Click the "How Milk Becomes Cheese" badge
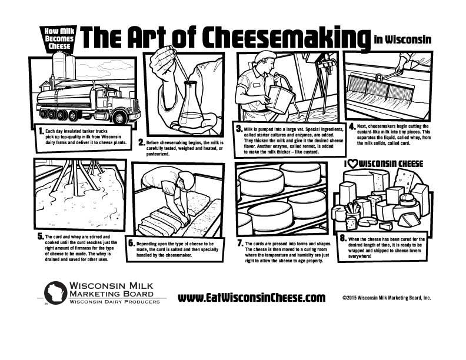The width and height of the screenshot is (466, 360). pyautogui.click(x=59, y=39)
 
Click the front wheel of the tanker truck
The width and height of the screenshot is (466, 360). pyautogui.click(x=119, y=117)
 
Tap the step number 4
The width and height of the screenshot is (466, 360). pyautogui.click(x=352, y=127)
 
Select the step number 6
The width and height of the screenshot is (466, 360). pyautogui.click(x=131, y=244)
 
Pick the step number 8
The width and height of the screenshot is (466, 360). pyautogui.click(x=343, y=238)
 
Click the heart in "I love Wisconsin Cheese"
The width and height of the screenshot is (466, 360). pyautogui.click(x=353, y=164)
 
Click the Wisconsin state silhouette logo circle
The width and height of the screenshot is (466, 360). pyautogui.click(x=55, y=292)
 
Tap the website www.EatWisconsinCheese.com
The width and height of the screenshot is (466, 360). pyautogui.click(x=251, y=298)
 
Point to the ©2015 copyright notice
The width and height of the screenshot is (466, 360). pyautogui.click(x=387, y=298)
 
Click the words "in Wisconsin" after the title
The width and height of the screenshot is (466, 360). pyautogui.click(x=402, y=39)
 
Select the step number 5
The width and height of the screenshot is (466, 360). pyautogui.click(x=41, y=236)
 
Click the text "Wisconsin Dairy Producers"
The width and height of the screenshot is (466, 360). pyautogui.click(x=114, y=302)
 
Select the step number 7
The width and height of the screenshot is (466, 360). pyautogui.click(x=241, y=244)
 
